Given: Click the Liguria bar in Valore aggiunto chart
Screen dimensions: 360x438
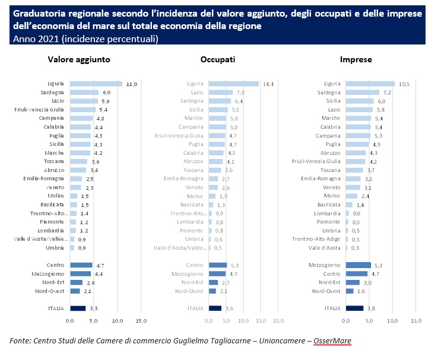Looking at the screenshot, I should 96,84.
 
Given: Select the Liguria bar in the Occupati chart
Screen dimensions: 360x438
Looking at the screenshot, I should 233,84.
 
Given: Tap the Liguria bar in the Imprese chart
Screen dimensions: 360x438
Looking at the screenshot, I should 370,84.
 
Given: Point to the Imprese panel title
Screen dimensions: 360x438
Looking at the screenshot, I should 356,60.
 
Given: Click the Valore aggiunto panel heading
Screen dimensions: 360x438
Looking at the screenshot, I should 79,60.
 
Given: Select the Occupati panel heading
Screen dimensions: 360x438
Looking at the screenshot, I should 218,60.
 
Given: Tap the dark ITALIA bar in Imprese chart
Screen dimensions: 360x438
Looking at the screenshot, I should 354,308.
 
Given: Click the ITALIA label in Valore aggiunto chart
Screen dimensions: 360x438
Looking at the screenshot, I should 56,308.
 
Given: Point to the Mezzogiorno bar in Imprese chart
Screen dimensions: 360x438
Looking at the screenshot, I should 358,265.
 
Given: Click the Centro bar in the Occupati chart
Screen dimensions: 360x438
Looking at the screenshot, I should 217,265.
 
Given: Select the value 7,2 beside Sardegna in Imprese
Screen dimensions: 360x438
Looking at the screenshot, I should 388,93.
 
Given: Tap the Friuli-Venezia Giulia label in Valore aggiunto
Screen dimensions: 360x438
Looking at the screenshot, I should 43,110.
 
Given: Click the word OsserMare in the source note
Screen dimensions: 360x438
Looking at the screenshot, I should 337,341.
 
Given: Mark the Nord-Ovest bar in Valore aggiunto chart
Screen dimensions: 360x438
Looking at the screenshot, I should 75,291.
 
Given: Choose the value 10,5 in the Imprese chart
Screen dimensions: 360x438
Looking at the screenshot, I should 404,84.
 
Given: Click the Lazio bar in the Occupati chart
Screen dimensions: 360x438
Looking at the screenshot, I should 220,93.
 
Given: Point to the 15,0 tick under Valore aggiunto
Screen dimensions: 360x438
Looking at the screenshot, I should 141,321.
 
